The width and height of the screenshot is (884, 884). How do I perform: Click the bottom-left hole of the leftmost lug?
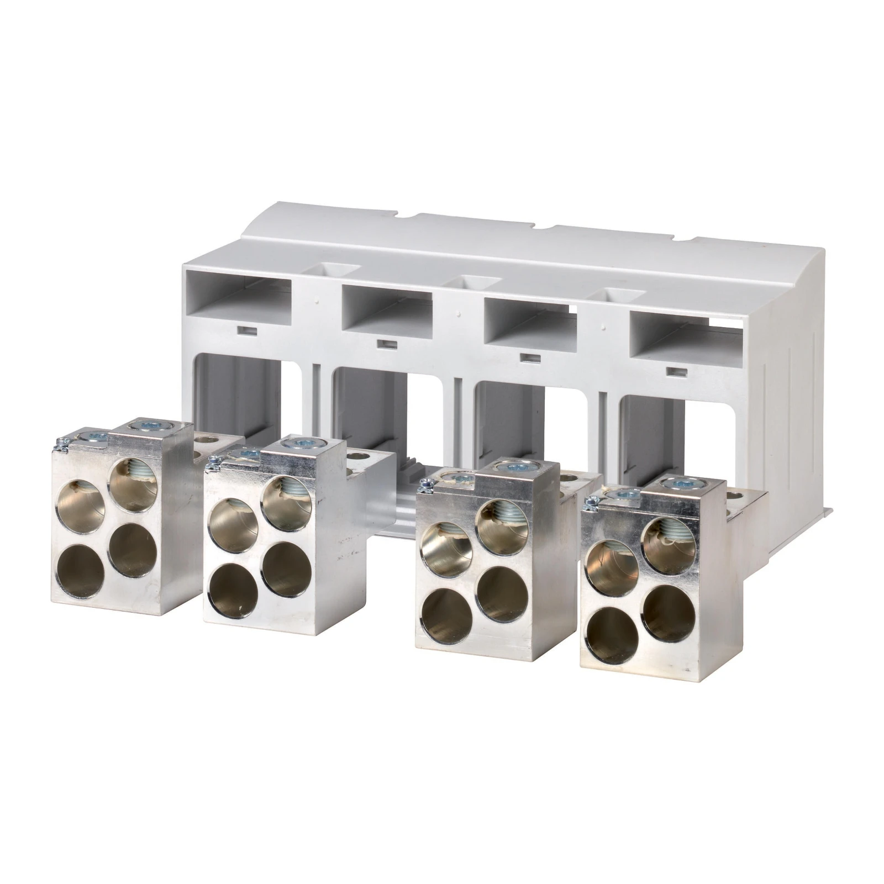[x=81, y=569]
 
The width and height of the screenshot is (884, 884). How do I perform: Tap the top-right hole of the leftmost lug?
[x=131, y=481]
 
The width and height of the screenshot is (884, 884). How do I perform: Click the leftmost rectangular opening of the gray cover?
[x=239, y=290]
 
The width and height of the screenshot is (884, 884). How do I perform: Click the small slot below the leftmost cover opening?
[x=244, y=331]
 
